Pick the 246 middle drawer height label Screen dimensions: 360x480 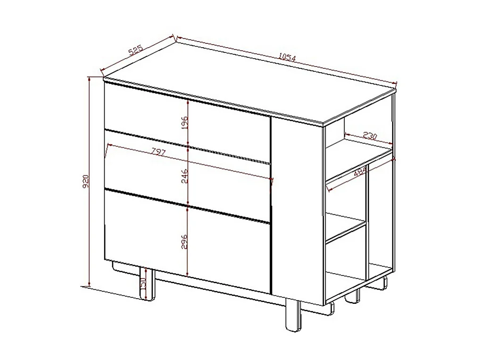(185, 175)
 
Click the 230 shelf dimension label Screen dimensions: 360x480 (370, 136)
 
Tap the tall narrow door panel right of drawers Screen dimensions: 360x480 (296, 208)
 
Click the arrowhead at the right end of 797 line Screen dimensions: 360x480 (272, 180)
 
